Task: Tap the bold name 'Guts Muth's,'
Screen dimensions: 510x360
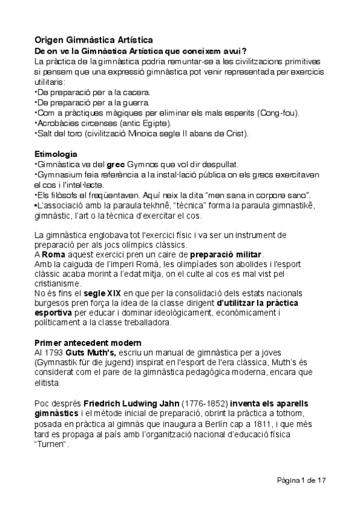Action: coord(93,352)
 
